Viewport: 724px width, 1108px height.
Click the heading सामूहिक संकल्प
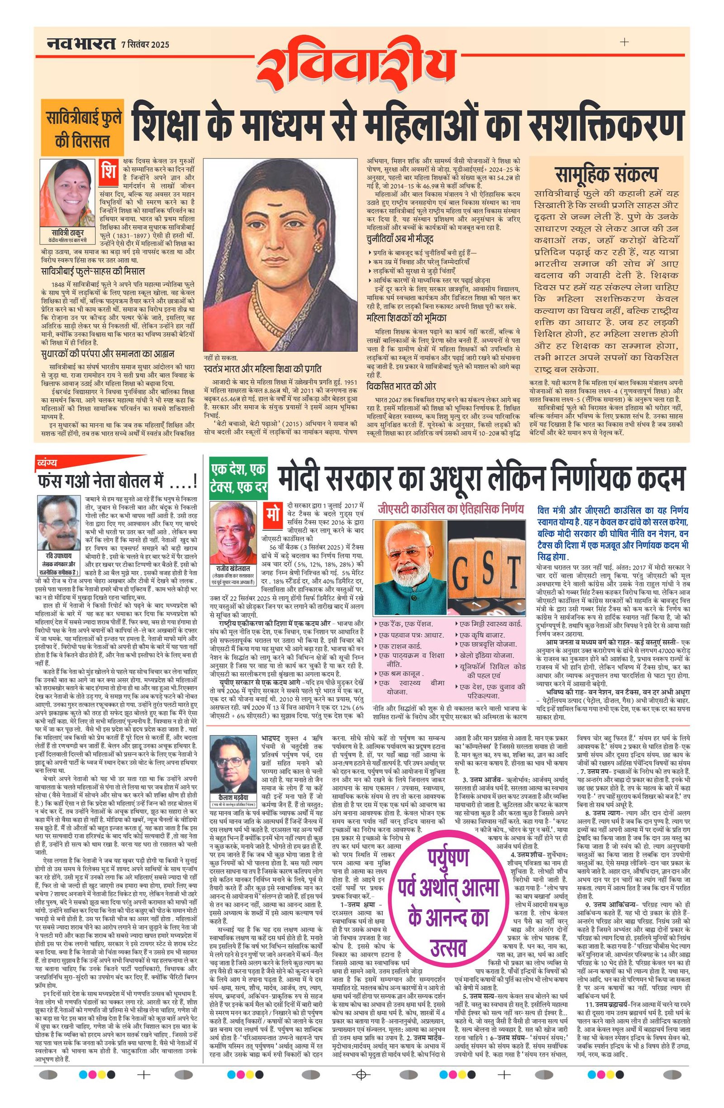(x=606, y=174)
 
